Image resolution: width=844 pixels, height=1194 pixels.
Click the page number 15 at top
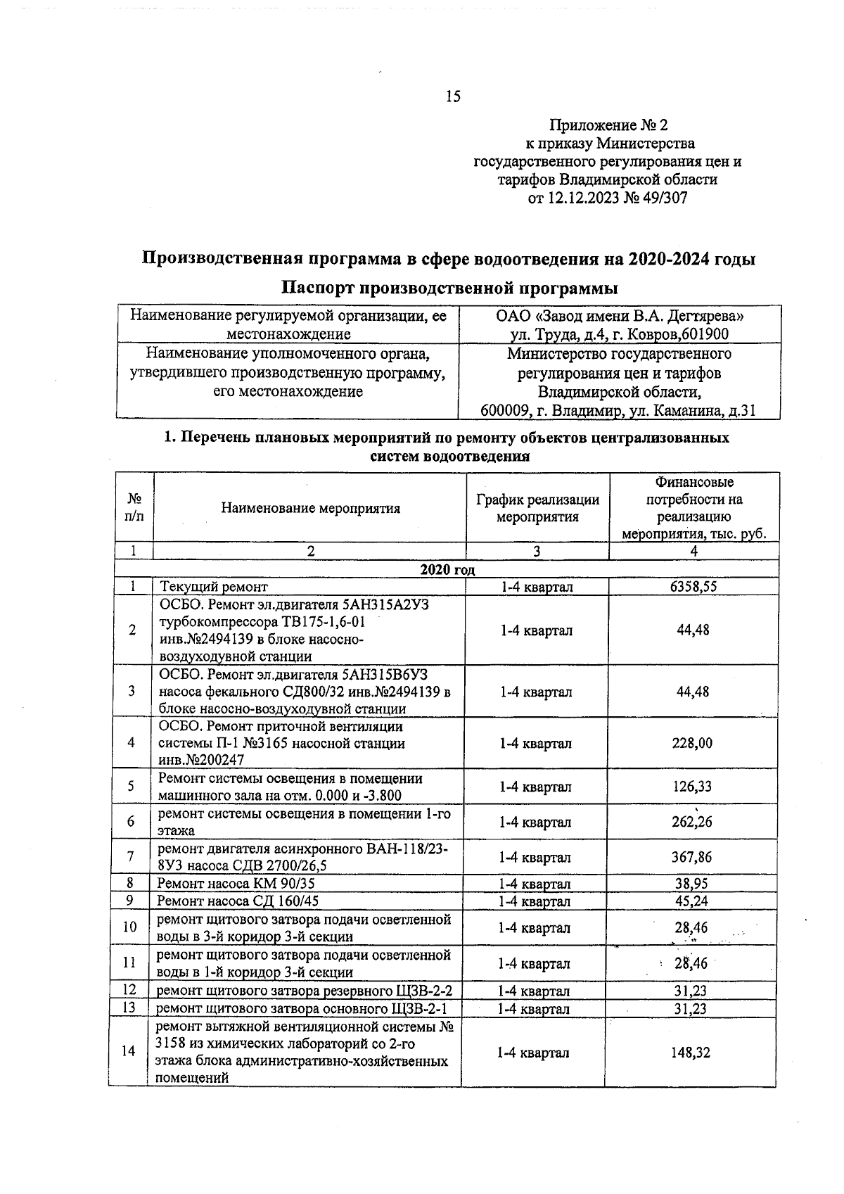click(x=453, y=97)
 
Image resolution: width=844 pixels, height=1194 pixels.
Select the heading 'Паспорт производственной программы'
click(x=450, y=288)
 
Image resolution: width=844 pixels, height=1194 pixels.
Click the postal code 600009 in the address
click(x=504, y=410)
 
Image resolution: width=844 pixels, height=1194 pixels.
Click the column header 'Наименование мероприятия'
click(x=310, y=508)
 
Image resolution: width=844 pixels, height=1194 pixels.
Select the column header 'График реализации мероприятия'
click(x=537, y=508)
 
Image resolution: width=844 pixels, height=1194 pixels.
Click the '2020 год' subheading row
click(x=447, y=570)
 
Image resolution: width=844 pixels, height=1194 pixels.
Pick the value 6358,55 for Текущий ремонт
click(x=693, y=586)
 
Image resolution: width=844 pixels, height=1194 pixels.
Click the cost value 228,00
click(x=693, y=743)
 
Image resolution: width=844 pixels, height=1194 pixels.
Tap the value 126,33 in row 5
click(x=693, y=787)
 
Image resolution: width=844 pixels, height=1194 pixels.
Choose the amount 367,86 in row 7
click(x=693, y=857)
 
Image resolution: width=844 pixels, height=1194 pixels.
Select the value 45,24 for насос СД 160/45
click(x=693, y=901)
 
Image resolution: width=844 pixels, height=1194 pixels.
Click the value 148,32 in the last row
click(x=691, y=1053)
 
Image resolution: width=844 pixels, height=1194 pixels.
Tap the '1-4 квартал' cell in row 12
click(x=535, y=991)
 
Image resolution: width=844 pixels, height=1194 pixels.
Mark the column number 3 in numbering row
click(x=537, y=552)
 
